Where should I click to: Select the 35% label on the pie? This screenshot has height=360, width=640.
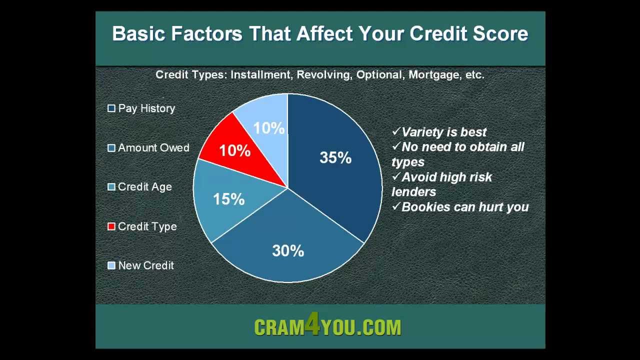[x=335, y=158]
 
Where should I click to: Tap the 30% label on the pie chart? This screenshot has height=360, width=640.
[x=288, y=250]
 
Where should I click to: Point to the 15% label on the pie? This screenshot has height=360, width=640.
[x=228, y=199]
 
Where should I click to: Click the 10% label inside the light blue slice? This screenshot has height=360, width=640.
[x=268, y=128]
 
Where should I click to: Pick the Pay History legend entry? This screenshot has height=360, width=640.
[x=146, y=108]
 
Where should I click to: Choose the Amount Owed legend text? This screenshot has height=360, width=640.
[x=153, y=148]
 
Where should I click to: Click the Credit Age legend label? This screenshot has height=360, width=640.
[x=144, y=187]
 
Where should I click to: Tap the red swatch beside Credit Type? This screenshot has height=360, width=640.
[x=111, y=226]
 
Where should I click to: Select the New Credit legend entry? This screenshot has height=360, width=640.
[x=145, y=265]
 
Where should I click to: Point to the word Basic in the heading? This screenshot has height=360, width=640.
[x=138, y=34]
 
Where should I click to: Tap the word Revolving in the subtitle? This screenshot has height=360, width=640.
[x=323, y=75]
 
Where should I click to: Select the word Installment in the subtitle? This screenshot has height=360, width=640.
[x=260, y=75]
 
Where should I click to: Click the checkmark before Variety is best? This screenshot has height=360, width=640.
[x=396, y=131]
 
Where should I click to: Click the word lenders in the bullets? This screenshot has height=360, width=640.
[x=413, y=192]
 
